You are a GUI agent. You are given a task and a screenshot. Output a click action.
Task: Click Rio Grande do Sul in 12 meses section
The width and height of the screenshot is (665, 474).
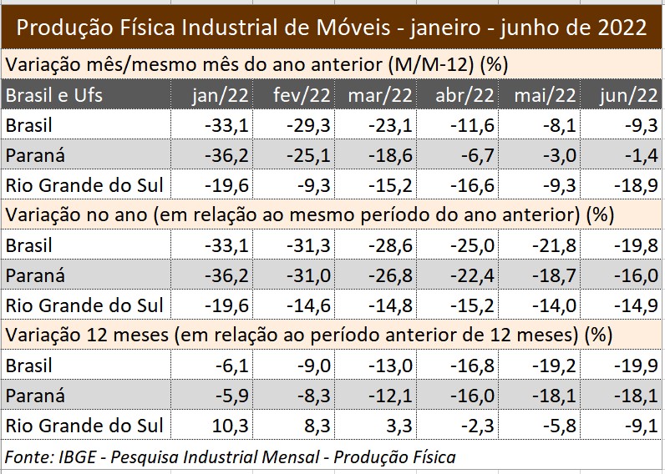point(84,426)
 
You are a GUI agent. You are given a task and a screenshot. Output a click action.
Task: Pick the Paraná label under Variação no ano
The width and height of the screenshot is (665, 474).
point(34,275)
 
